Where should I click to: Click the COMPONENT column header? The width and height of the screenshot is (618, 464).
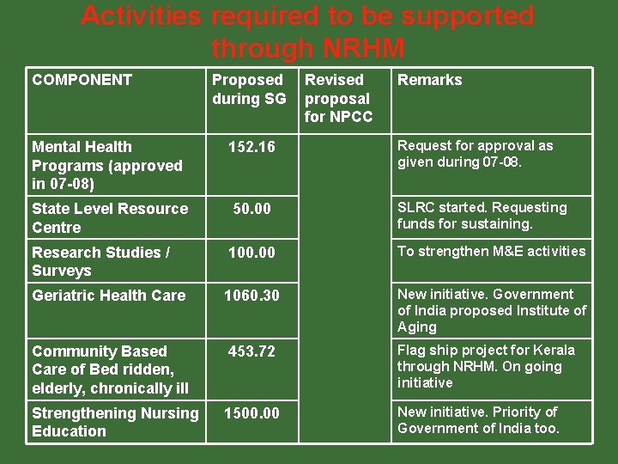coord(82,80)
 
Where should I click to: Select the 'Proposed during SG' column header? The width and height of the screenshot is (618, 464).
coord(249,89)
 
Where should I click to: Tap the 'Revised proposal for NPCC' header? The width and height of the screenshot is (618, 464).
coord(338,98)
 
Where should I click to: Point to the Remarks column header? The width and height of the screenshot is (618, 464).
coord(428,80)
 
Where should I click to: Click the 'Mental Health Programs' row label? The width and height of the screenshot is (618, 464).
coord(106,165)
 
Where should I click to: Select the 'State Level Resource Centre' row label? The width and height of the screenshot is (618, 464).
coord(109,217)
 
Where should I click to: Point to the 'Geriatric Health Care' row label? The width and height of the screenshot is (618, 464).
coord(108,296)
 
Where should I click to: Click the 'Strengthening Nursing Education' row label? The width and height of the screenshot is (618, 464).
coord(114,422)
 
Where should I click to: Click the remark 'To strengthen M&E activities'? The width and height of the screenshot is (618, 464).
coord(491,251)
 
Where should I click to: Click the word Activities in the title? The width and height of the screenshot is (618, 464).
coord(142,15)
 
